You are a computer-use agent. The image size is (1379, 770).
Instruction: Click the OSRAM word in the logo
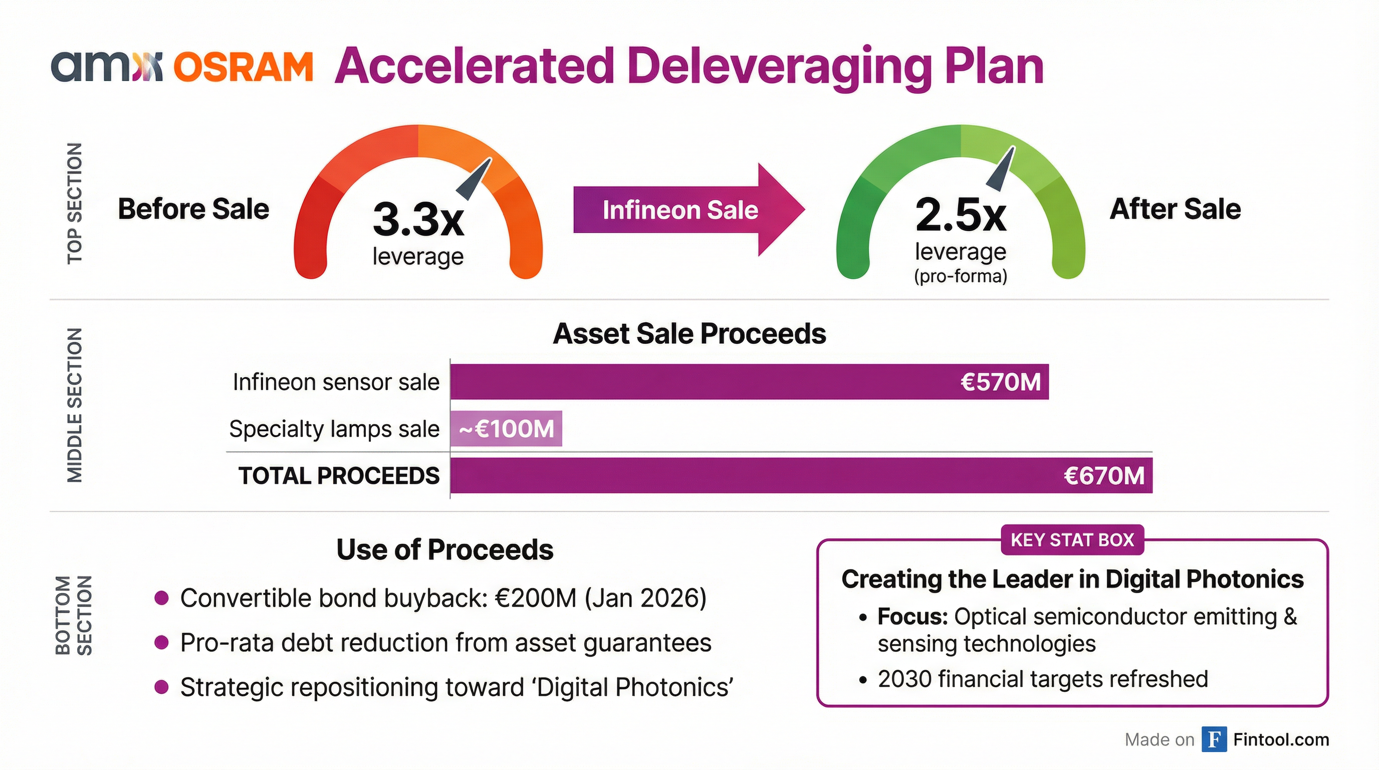(x=243, y=68)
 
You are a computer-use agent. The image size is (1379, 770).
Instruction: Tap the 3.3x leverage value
(x=418, y=219)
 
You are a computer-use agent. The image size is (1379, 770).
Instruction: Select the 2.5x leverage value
(x=961, y=214)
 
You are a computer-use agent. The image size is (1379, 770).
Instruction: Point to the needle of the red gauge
(x=475, y=179)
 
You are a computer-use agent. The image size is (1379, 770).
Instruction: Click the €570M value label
(x=1000, y=382)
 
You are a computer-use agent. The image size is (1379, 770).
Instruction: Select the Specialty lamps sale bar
(x=506, y=429)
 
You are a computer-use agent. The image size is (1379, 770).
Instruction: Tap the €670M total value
(x=1104, y=476)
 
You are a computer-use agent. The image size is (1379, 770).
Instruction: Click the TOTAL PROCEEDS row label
(x=339, y=476)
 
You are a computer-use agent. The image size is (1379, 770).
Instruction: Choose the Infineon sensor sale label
(x=336, y=382)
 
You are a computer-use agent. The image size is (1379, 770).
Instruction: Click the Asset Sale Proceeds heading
(x=689, y=333)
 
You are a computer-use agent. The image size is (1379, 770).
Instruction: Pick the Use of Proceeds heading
(x=445, y=549)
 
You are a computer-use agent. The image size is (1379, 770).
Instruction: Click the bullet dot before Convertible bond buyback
(x=162, y=598)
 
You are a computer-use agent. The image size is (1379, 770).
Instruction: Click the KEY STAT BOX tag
(x=1072, y=540)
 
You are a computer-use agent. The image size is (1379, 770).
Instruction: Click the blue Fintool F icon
(x=1214, y=739)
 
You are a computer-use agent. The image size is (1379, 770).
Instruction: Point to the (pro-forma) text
(x=961, y=276)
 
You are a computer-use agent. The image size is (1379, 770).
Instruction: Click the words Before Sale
(x=193, y=209)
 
